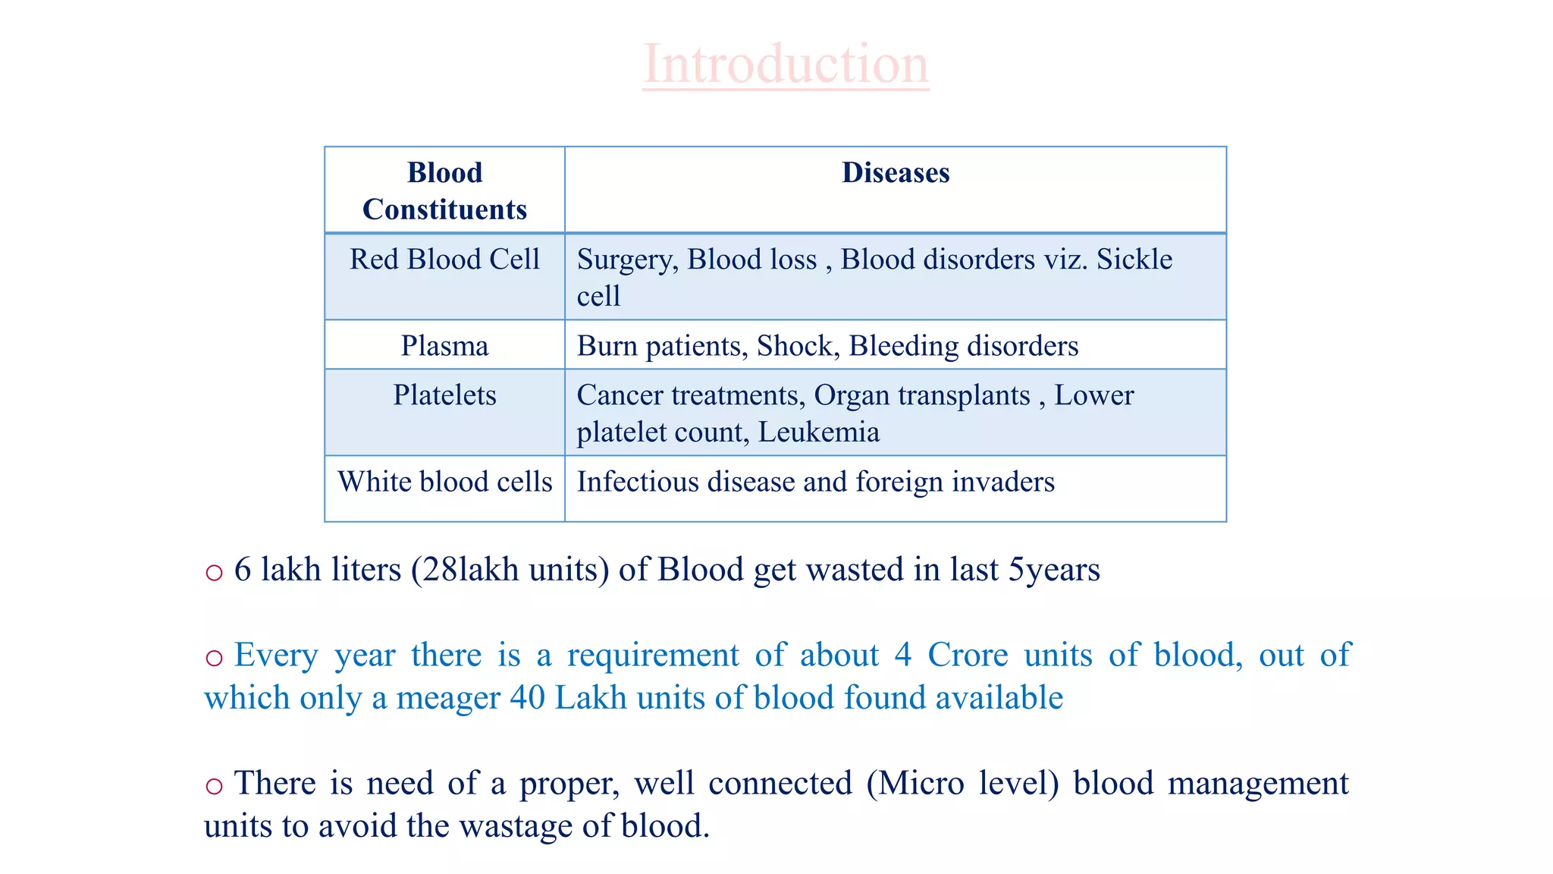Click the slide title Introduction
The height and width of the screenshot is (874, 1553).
pos(786,64)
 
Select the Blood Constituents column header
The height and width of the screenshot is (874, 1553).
pos(444,190)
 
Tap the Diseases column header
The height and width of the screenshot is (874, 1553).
pos(896,173)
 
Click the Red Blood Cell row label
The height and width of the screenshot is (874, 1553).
pos(444,259)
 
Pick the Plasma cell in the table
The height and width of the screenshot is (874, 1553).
pos(444,346)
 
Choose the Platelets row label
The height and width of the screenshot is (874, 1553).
pos(444,395)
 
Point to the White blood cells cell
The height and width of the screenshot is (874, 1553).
pos(444,482)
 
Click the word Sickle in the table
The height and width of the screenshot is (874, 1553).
pos(1134,259)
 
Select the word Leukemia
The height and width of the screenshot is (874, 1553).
pos(818,432)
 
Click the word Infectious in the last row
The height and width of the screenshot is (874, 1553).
pos(638,482)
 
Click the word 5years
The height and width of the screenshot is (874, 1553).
pos(1053,570)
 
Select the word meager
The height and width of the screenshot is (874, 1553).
pos(447,698)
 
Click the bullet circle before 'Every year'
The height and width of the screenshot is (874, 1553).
pos(214,657)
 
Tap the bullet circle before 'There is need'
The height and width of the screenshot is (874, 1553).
pos(214,785)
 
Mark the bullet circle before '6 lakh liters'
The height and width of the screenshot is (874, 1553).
pos(214,572)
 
